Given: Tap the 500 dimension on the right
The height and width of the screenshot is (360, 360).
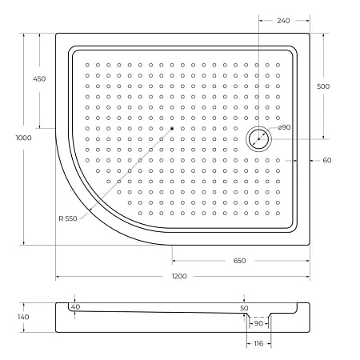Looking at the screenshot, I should [322, 86].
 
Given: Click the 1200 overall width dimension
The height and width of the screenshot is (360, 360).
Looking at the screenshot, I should [178, 276].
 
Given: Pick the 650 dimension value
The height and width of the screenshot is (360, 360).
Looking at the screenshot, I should [239, 261].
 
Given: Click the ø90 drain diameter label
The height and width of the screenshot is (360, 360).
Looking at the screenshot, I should [284, 129].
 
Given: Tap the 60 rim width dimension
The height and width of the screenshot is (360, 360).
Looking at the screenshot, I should [326, 161].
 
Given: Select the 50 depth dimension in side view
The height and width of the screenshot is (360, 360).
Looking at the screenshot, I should [244, 308].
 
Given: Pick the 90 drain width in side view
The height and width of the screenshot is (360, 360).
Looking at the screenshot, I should [258, 324].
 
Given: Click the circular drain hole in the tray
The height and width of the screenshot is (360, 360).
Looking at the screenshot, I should [259, 138].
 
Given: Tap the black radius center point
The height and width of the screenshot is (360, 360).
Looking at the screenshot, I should [171, 128].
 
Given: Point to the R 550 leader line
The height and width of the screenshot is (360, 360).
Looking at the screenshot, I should [128, 170].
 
